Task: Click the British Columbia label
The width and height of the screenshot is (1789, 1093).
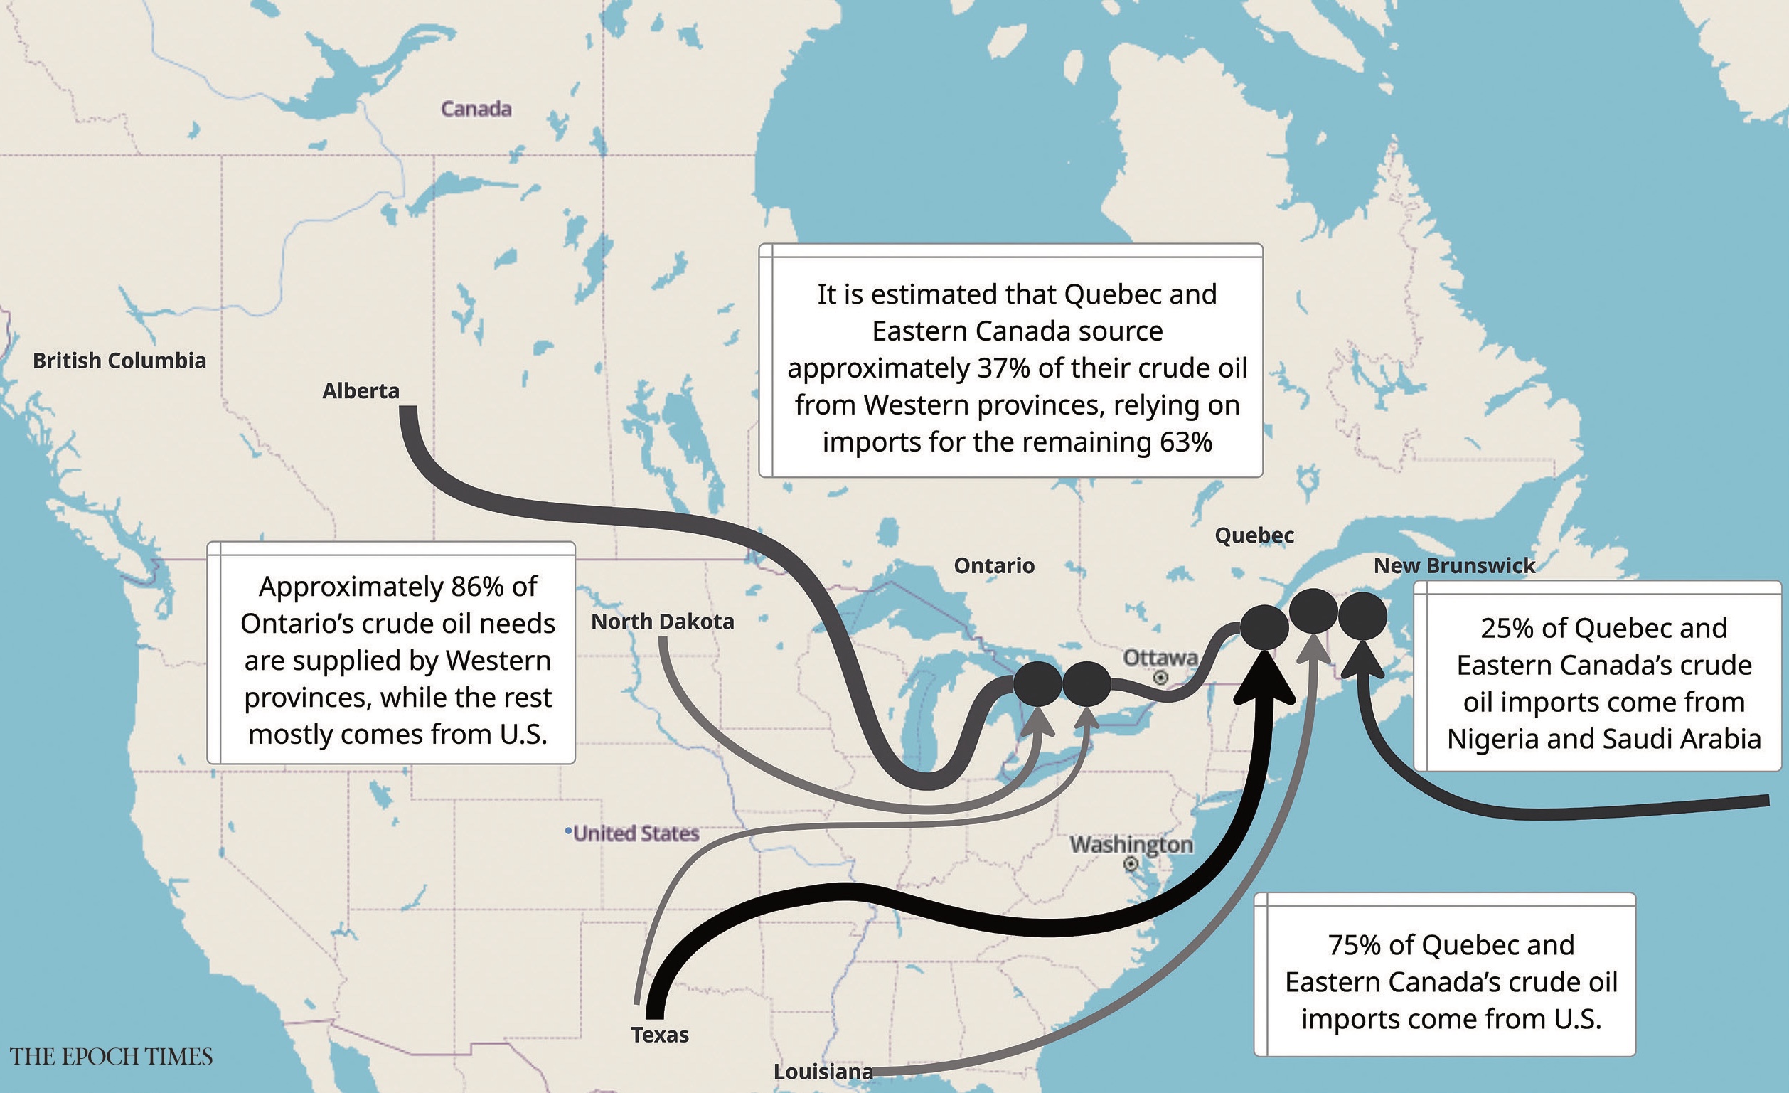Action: click(119, 361)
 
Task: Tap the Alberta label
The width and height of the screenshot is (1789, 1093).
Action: click(361, 390)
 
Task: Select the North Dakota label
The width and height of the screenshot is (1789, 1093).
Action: click(662, 622)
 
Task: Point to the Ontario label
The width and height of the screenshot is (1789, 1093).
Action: click(994, 566)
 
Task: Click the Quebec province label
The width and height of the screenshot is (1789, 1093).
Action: click(1254, 535)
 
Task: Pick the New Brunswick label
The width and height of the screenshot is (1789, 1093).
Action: click(1454, 566)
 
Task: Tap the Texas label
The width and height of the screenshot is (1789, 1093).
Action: click(659, 1034)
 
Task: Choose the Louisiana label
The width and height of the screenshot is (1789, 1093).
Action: click(823, 1071)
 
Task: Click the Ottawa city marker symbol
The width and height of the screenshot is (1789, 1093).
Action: click(1161, 678)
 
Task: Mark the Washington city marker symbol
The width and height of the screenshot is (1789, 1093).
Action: click(1131, 863)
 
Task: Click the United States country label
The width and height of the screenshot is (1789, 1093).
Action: click(636, 833)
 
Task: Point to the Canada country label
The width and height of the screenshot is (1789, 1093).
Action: click(476, 109)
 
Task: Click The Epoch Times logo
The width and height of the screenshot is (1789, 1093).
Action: click(111, 1056)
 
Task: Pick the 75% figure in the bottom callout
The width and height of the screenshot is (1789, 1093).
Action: click(1354, 945)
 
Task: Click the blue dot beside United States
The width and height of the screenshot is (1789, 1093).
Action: click(568, 830)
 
